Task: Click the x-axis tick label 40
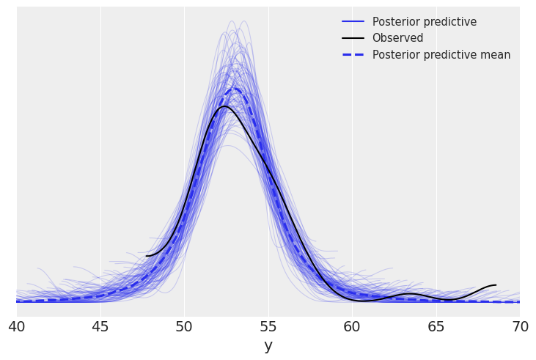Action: click(17, 327)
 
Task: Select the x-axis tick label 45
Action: click(100, 327)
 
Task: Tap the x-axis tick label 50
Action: click(184, 327)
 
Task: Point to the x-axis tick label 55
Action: click(268, 327)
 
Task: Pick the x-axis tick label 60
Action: click(352, 327)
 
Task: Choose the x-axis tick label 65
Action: click(436, 327)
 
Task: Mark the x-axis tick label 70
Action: click(520, 327)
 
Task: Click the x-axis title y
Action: click(268, 346)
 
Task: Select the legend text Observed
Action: click(397, 38)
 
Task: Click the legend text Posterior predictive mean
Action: click(441, 55)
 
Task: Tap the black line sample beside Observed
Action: click(353, 38)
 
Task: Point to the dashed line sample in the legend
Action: click(353, 55)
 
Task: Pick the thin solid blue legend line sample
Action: click(353, 22)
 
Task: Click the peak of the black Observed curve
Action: click(224, 106)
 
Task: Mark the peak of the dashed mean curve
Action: click(235, 89)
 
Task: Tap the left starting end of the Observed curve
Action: click(147, 256)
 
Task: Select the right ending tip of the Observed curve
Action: click(496, 285)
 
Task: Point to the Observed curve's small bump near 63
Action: click(409, 294)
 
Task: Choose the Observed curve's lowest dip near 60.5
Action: click(363, 301)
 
